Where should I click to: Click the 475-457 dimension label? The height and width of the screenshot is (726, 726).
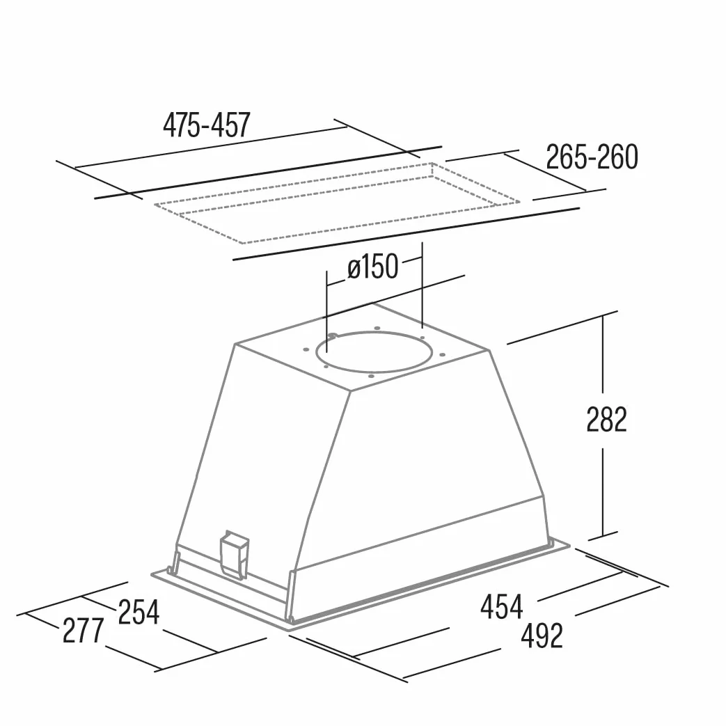click(x=207, y=125)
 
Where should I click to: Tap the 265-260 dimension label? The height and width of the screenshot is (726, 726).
click(x=592, y=157)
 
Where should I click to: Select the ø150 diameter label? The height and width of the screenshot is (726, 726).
click(x=372, y=267)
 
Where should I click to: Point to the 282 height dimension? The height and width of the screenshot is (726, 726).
click(x=606, y=420)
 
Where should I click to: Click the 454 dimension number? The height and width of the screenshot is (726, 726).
click(x=501, y=606)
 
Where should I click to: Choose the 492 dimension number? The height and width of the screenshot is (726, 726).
click(x=542, y=636)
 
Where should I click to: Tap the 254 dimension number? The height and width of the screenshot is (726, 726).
click(x=139, y=612)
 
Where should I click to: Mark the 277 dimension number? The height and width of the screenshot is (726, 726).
click(x=84, y=631)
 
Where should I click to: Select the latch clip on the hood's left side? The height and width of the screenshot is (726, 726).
click(x=235, y=554)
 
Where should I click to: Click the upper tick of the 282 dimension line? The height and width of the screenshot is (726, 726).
click(x=602, y=315)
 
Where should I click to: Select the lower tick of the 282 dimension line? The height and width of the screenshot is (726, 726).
click(x=602, y=536)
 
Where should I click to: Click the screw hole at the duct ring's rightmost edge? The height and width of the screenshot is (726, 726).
click(x=442, y=355)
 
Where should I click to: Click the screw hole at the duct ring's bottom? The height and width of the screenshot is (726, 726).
click(x=370, y=376)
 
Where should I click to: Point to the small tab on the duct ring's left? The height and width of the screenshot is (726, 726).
click(x=331, y=337)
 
